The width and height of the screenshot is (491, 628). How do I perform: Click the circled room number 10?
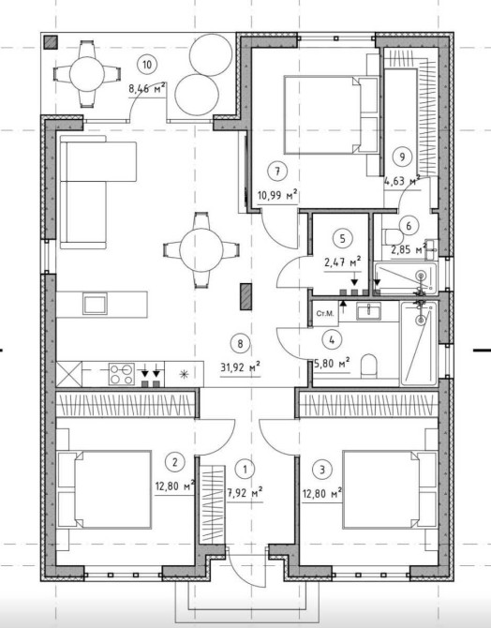click(147, 64)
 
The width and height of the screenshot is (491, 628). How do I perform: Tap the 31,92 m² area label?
click(241, 367)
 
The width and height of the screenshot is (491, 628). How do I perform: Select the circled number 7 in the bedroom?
click(277, 172)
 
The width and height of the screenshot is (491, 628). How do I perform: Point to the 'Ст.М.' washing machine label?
click(325, 313)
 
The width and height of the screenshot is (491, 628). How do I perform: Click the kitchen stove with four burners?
click(122, 374)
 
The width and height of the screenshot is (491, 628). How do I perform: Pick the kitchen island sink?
click(95, 304)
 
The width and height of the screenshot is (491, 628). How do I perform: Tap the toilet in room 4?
click(369, 366)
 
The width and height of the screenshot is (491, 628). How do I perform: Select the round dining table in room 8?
click(201, 250)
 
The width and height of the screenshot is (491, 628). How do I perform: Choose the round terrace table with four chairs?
click(87, 74)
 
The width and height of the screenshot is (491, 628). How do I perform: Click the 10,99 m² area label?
click(277, 196)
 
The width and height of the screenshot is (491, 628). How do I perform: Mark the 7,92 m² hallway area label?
click(245, 493)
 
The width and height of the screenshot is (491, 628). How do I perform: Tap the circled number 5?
click(342, 239)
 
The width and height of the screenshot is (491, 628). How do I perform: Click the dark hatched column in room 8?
click(245, 296)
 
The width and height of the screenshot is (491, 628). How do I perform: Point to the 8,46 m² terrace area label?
click(147, 88)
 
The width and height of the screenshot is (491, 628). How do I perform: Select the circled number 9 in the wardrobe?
click(403, 157)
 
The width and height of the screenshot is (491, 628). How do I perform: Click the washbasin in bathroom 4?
click(368, 311)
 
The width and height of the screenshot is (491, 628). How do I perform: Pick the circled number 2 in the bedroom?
click(174, 462)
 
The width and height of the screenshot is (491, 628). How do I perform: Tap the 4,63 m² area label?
click(402, 181)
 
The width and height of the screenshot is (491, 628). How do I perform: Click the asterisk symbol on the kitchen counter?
click(184, 374)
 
